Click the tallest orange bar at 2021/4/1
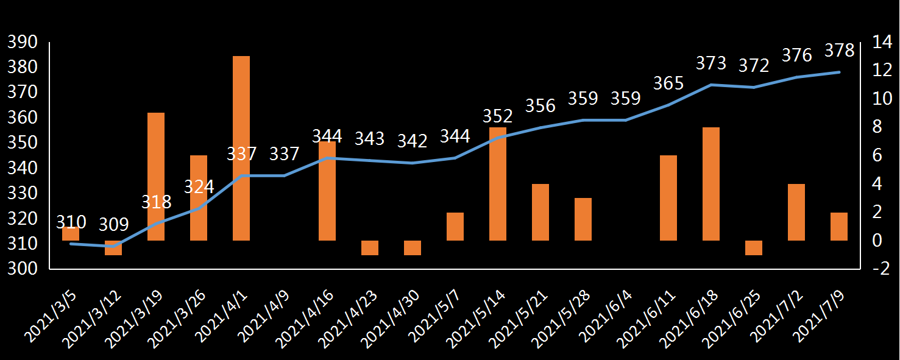pyautogui.click(x=241, y=148)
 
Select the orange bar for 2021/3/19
pyautogui.click(x=156, y=177)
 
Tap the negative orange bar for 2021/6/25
pyautogui.click(x=754, y=247)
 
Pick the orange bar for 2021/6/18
pyautogui.click(x=711, y=184)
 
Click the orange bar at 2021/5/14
pyautogui.click(x=498, y=184)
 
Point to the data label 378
pyautogui.click(x=839, y=51)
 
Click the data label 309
pyautogui.click(x=114, y=225)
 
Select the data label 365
pyautogui.click(x=668, y=83)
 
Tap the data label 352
pyautogui.click(x=498, y=116)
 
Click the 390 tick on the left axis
pyautogui.click(x=22, y=42)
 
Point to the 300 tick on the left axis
pyautogui.click(x=22, y=269)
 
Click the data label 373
pyautogui.click(x=711, y=63)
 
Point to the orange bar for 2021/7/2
pyautogui.click(x=796, y=212)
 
